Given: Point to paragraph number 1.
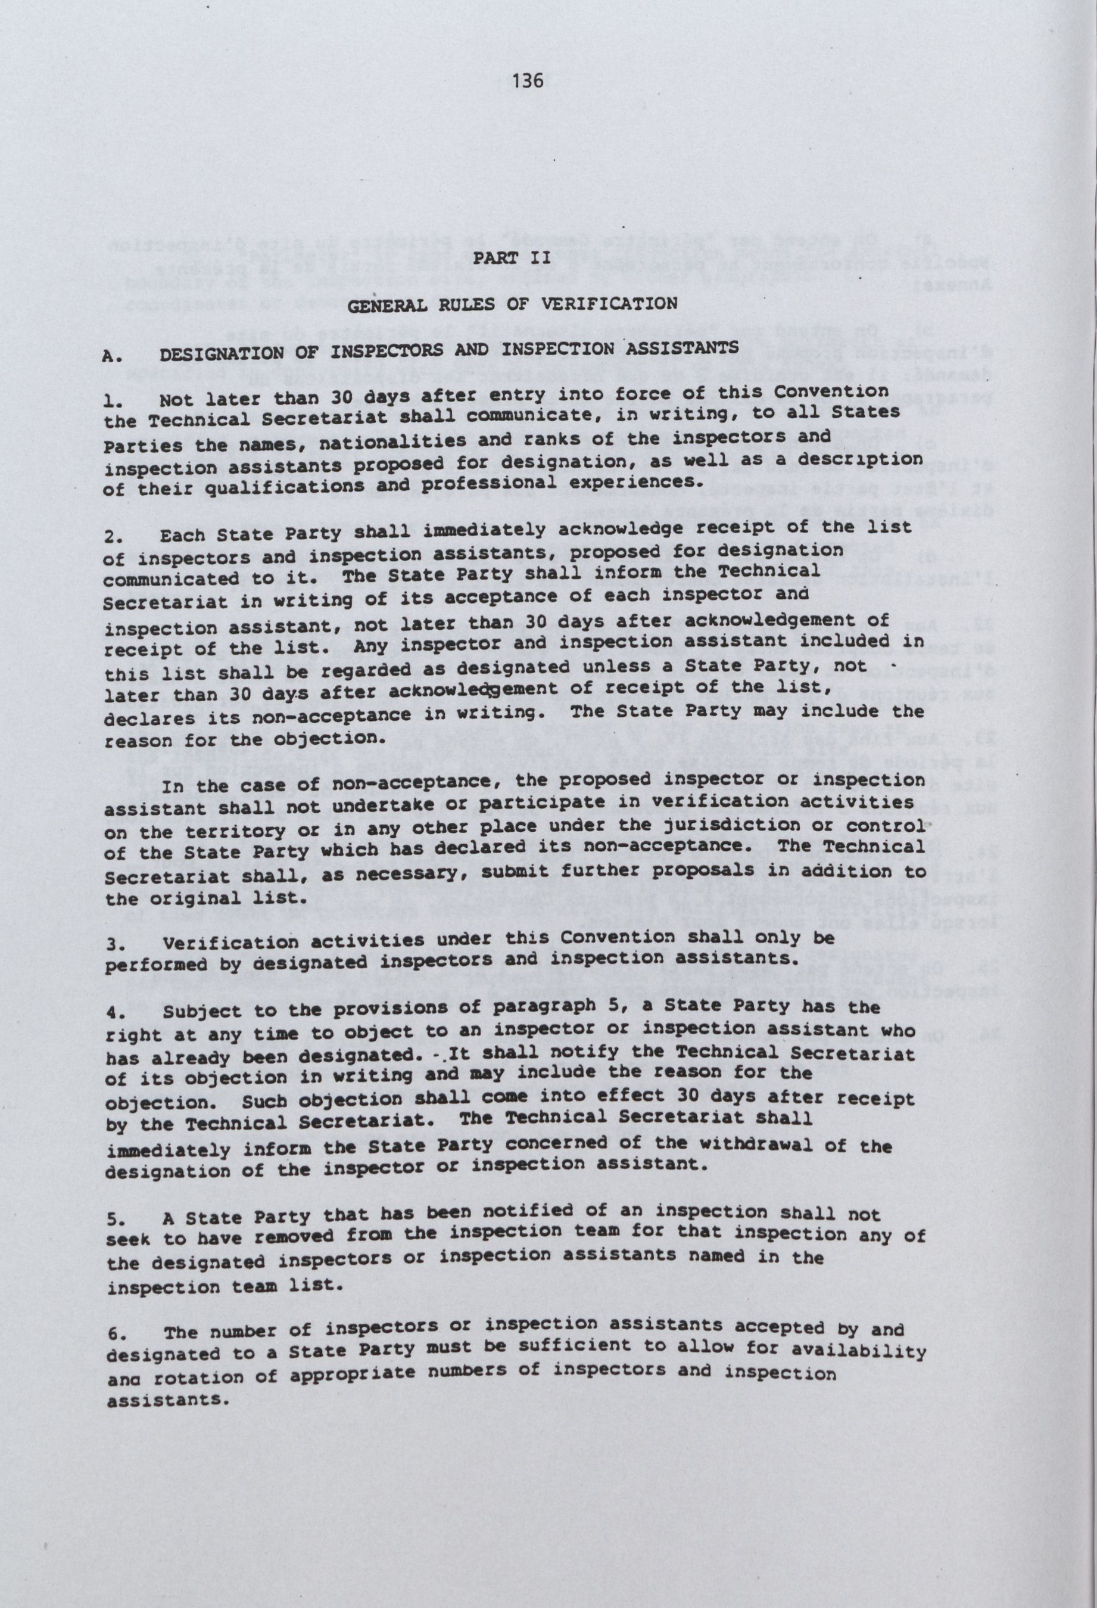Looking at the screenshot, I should (110, 400).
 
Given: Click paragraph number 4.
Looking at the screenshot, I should (113, 1012).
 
